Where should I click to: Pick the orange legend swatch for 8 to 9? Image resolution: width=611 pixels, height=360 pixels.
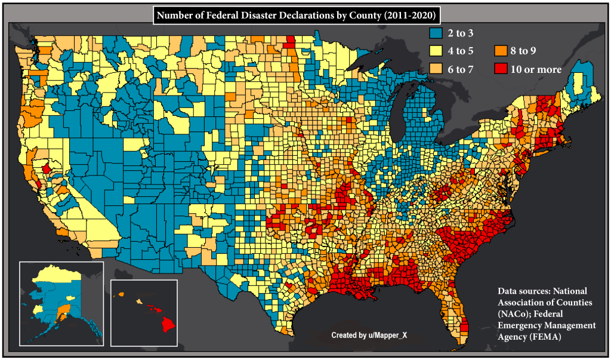click(500, 51)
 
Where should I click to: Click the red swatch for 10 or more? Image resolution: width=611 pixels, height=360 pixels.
click(500, 69)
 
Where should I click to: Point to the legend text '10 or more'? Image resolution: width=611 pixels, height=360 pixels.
click(536, 69)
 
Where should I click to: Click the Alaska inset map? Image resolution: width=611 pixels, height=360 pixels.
click(61, 303)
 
